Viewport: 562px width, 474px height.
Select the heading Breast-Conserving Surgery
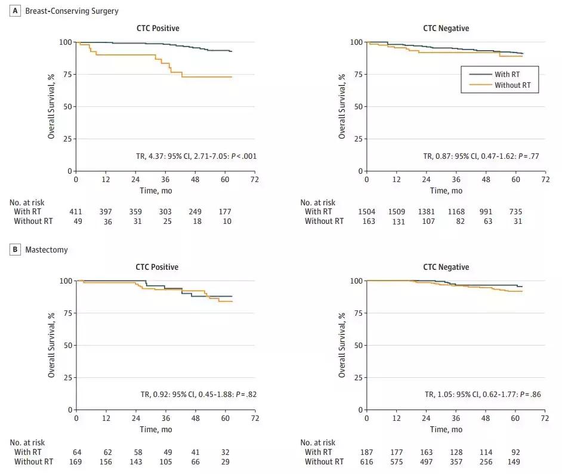tap(72, 11)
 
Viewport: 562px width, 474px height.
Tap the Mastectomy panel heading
tap(47, 250)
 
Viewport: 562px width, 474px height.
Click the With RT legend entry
tap(509, 74)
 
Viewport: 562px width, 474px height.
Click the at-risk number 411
tap(76, 212)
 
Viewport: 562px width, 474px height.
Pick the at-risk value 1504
tap(367, 212)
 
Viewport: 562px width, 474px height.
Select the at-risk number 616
tap(367, 461)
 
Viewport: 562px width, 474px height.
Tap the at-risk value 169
tap(76, 461)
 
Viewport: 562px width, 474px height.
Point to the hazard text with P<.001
tap(196, 156)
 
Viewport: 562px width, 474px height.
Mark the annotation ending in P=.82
tap(196, 395)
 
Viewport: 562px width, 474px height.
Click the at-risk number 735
tap(515, 212)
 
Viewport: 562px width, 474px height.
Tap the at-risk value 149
tap(515, 461)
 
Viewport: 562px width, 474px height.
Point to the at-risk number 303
tap(165, 212)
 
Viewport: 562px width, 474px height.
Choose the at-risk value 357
tap(456, 461)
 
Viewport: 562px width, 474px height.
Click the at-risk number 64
tap(76, 452)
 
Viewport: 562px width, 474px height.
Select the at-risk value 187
tap(367, 452)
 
